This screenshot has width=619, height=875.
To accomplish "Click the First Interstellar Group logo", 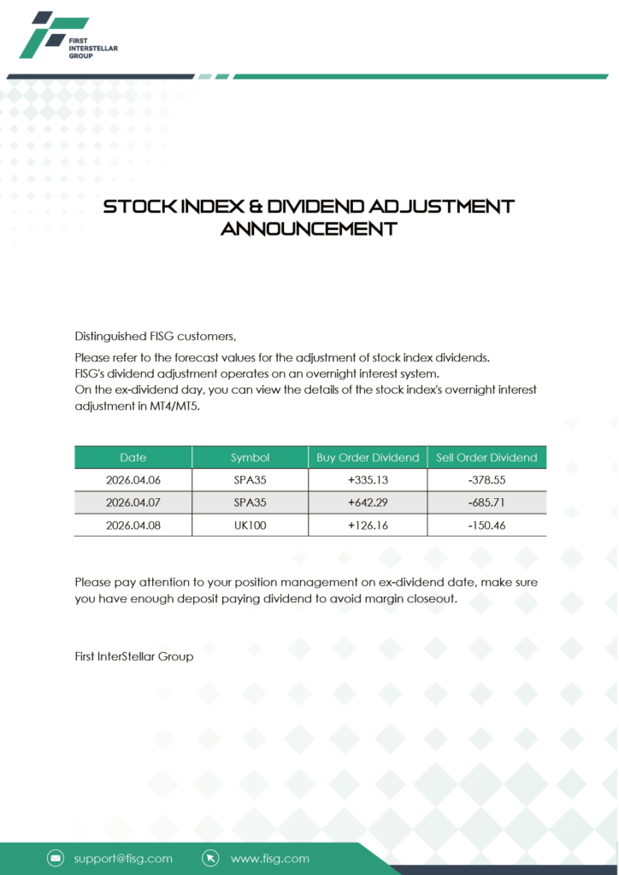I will pyautogui.click(x=68, y=35).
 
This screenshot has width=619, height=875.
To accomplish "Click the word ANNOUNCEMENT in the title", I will pyautogui.click(x=309, y=229).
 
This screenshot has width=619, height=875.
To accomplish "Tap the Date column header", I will pyautogui.click(x=133, y=457).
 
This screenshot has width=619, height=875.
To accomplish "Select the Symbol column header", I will pyautogui.click(x=250, y=457).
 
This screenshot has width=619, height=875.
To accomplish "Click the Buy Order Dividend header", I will pyautogui.click(x=368, y=457).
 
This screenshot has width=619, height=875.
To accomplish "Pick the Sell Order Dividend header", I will pyautogui.click(x=486, y=457).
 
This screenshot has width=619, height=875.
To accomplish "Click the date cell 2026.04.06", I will pyautogui.click(x=133, y=480).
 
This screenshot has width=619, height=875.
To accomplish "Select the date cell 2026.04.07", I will pyautogui.click(x=133, y=502).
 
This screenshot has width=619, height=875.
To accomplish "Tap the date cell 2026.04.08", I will pyautogui.click(x=133, y=526).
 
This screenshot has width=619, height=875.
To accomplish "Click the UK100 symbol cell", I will pyautogui.click(x=250, y=526).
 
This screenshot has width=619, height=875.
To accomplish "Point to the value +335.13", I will pyautogui.click(x=368, y=480).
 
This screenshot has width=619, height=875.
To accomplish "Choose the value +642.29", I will pyautogui.click(x=368, y=502).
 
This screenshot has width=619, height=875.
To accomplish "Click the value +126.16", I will pyautogui.click(x=368, y=526).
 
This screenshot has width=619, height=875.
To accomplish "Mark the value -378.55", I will pyautogui.click(x=486, y=480).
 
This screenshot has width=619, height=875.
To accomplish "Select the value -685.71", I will pyautogui.click(x=486, y=502).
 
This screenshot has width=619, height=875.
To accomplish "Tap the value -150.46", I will pyautogui.click(x=486, y=526).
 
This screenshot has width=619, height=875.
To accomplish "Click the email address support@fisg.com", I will pyautogui.click(x=123, y=858).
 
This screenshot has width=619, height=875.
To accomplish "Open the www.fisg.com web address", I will pyautogui.click(x=270, y=858).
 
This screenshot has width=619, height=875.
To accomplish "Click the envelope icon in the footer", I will pyautogui.click(x=56, y=858).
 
